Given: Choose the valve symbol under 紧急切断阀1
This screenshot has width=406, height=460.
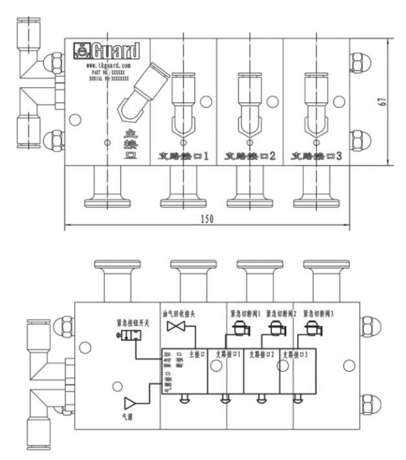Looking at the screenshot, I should (239, 329).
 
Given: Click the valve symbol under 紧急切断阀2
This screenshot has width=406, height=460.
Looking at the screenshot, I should (276, 329).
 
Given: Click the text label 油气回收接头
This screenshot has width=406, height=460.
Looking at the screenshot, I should (179, 313).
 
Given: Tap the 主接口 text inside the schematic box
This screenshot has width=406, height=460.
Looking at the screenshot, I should (195, 353).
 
